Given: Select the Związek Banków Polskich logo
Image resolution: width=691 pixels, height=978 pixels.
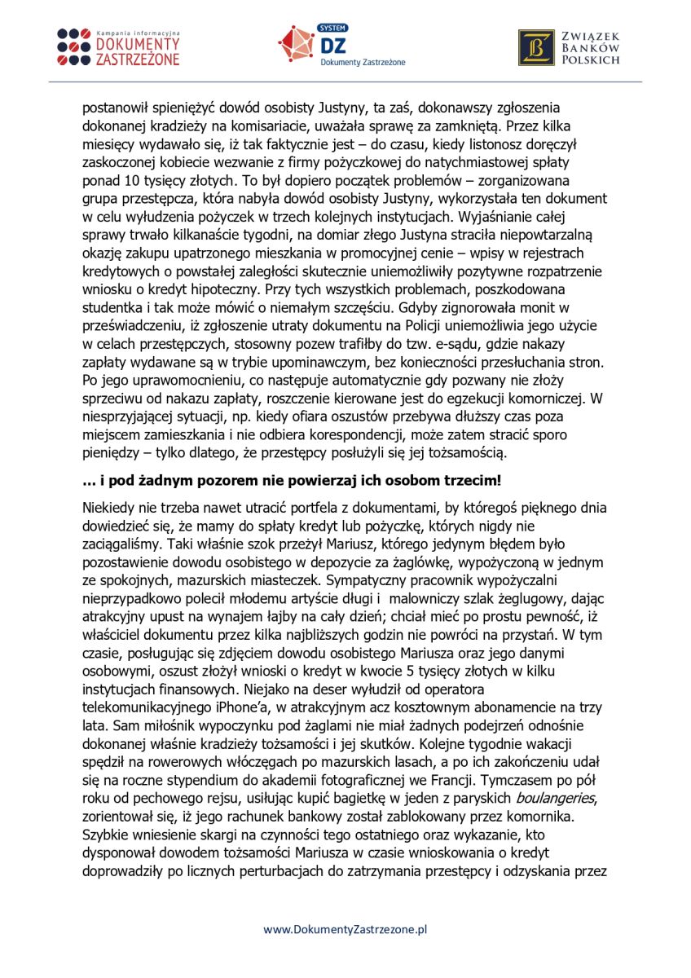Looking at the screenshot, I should (x=569, y=46).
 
